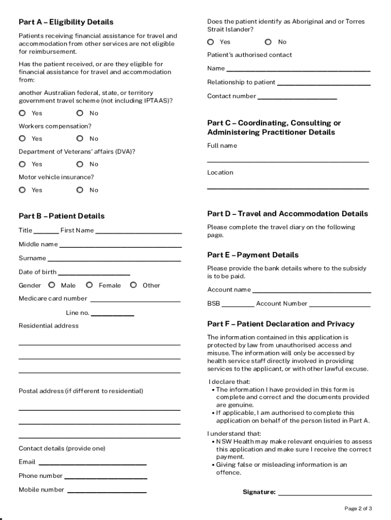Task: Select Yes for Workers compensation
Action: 22,139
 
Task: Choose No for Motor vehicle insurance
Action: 80,190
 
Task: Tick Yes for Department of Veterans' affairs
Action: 22,164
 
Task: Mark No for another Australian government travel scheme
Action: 80,113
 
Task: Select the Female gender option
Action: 89,285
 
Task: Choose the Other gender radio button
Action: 133,285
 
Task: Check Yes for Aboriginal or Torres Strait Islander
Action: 211,42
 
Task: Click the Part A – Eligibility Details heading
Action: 66,22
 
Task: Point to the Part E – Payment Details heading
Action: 253,255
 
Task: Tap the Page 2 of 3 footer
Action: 358,508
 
